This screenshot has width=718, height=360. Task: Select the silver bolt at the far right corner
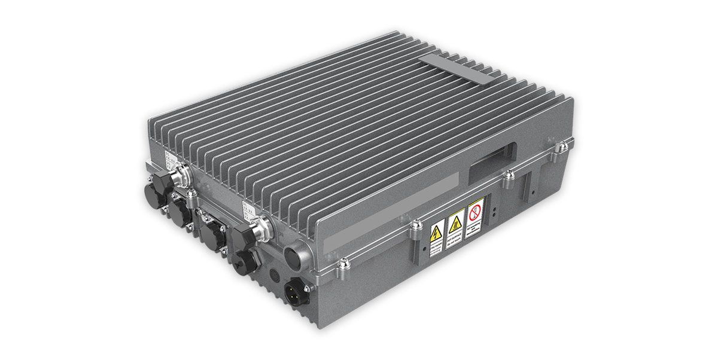click(561, 147)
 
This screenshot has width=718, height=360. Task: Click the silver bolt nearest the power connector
click(342, 264)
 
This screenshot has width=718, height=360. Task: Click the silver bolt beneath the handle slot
click(508, 175)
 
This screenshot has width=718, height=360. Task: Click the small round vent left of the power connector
click(275, 277)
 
